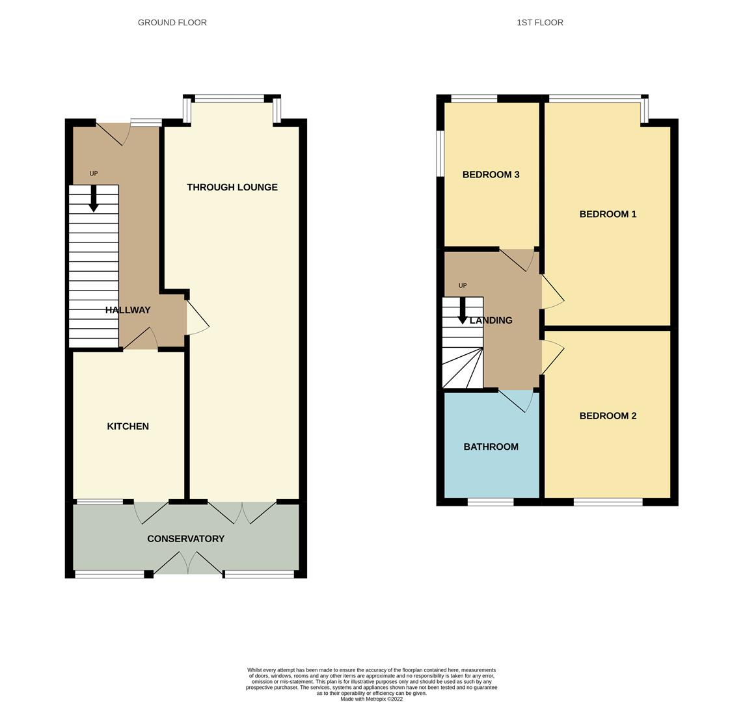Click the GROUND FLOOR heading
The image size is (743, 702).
(172, 22)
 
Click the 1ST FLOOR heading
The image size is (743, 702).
(540, 22)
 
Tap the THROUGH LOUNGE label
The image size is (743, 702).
(232, 187)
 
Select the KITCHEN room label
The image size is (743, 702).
(128, 426)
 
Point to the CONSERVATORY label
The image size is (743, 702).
(186, 539)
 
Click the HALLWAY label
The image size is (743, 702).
(128, 310)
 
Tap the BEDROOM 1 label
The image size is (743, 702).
(608, 214)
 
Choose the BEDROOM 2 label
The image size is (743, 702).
(608, 415)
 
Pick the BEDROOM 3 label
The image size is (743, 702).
(491, 174)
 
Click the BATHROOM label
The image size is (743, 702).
(491, 447)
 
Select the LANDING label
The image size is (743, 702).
(491, 320)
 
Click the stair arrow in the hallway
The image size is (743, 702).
(94, 198)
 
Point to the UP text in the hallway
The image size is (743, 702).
(94, 174)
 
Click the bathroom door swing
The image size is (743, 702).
(517, 401)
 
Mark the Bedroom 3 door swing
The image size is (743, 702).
(517, 260)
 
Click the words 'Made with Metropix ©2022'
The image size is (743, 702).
(371, 699)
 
